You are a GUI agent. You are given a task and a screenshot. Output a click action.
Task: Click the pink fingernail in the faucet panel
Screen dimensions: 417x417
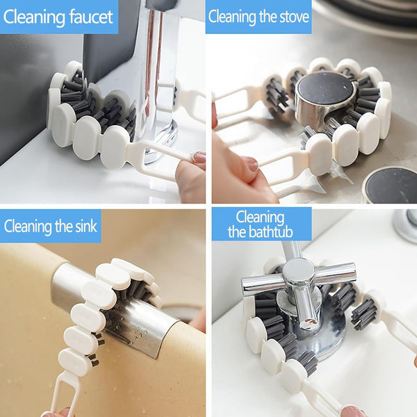point(199,157)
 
